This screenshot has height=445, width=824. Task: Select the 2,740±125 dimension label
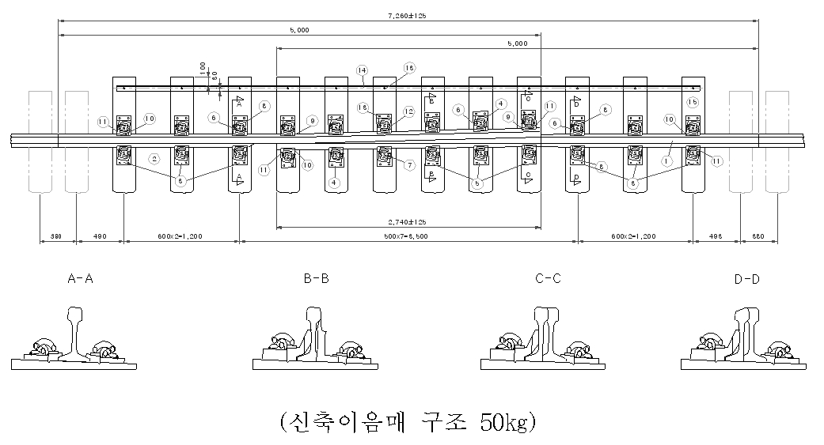(x=408, y=222)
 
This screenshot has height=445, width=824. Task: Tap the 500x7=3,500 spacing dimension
(x=408, y=236)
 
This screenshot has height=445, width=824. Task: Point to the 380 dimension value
(x=57, y=236)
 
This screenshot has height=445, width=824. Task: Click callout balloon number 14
(x=361, y=70)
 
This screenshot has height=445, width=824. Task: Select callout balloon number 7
(x=409, y=165)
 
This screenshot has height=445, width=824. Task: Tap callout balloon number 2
(x=155, y=159)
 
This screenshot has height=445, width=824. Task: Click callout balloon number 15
(x=693, y=102)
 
